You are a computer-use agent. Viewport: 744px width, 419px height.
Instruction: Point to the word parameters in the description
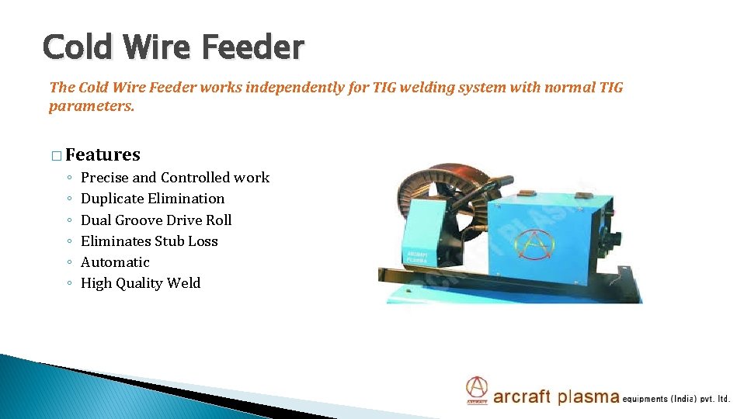point(92,106)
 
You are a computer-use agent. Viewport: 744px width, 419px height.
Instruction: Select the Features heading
point(103,155)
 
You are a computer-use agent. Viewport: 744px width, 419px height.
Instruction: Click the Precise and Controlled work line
point(175,178)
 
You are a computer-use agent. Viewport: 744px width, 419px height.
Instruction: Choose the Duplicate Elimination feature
point(152,199)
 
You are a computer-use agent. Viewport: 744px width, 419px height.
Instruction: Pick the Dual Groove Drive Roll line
point(156,220)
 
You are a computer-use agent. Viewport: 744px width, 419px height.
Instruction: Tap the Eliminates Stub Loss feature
point(149,241)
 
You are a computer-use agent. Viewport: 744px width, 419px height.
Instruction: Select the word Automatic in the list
point(115,262)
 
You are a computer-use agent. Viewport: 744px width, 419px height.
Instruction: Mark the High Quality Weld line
point(141,283)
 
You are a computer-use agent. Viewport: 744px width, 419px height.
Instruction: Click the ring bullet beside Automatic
point(69,263)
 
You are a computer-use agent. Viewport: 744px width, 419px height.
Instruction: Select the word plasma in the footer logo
point(588,397)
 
